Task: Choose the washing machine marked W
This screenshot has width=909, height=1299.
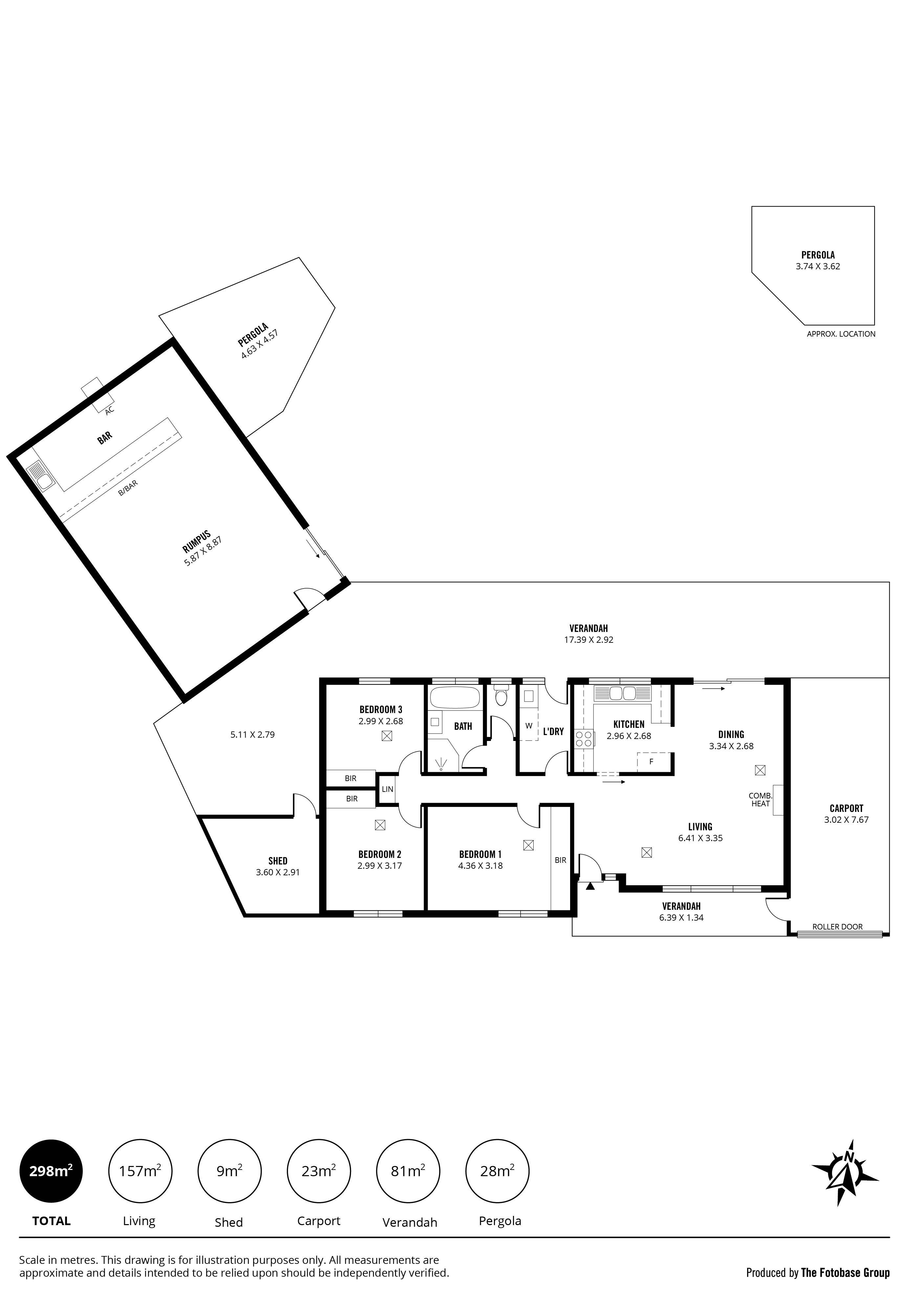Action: click(x=529, y=725)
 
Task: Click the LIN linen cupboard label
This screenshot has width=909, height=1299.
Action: click(x=388, y=789)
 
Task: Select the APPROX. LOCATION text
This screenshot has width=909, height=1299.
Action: click(x=841, y=334)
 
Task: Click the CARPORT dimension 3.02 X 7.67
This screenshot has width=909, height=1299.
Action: click(x=846, y=819)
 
